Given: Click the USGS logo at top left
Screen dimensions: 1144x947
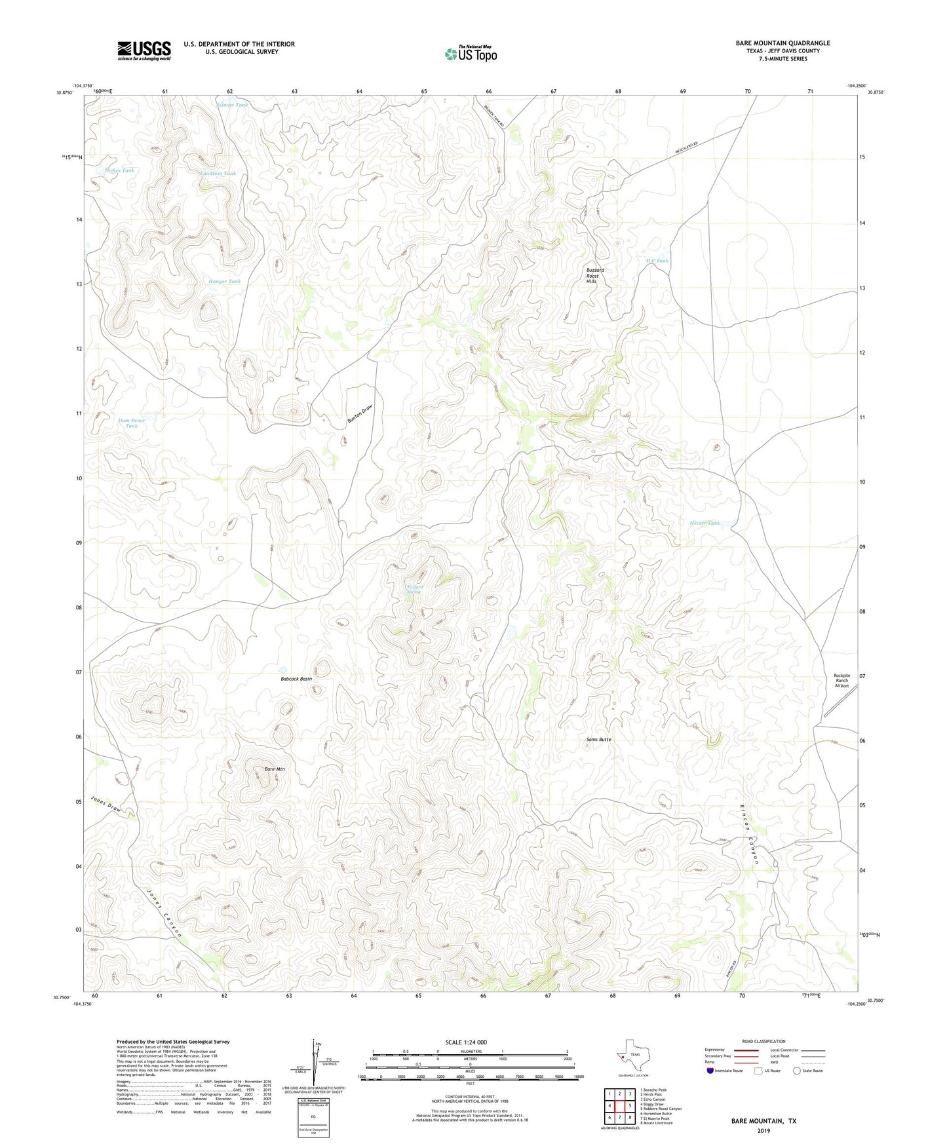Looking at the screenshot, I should [x=144, y=50].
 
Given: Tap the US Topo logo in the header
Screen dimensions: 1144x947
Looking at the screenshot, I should [x=471, y=54].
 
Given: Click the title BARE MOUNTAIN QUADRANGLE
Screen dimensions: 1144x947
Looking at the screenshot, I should [x=783, y=43].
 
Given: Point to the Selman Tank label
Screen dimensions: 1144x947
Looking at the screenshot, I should [x=233, y=105].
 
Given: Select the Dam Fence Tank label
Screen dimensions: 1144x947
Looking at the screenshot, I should [x=131, y=423].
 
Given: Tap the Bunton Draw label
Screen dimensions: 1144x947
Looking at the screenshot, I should [x=360, y=416].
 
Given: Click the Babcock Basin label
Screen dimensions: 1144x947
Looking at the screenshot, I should [x=296, y=679].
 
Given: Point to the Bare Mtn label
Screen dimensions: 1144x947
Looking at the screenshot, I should [x=275, y=769].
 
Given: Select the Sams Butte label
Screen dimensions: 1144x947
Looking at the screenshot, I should [x=598, y=739].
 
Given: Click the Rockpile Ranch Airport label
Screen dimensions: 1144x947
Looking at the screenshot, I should [x=841, y=680].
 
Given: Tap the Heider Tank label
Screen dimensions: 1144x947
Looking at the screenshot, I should [x=705, y=523].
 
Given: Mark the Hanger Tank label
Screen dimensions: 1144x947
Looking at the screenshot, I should [x=225, y=281].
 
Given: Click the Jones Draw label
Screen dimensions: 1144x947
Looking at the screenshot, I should [x=107, y=805].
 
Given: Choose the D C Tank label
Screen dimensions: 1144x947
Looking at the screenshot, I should [x=657, y=261].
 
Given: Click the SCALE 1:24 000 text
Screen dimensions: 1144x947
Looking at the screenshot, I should [x=466, y=1042].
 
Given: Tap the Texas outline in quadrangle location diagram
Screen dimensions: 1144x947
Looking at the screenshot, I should [x=633, y=1054].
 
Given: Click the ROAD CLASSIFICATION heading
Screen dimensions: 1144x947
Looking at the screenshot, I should [x=763, y=1041].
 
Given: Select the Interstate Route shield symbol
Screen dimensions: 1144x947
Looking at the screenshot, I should [x=710, y=1071].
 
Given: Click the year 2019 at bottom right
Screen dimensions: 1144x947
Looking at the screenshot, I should [x=763, y=1130].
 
